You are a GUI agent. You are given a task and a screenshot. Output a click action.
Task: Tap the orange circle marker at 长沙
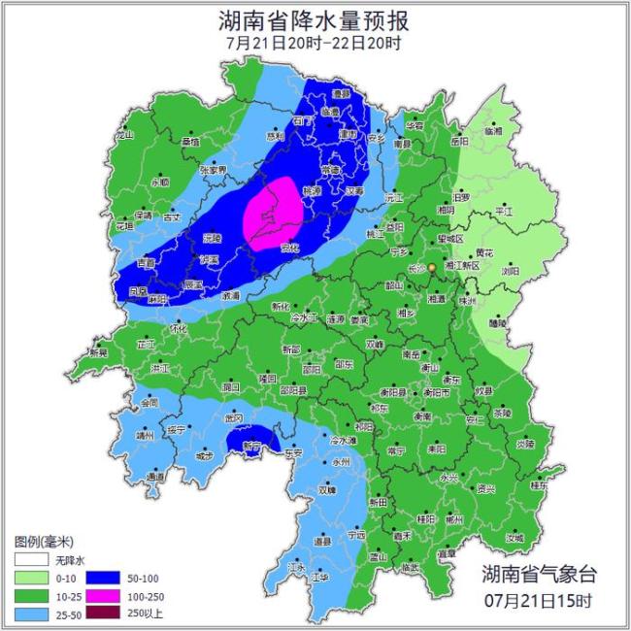432,255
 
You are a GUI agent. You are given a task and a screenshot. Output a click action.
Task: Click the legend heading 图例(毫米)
44,540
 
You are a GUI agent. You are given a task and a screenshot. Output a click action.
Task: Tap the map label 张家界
213,169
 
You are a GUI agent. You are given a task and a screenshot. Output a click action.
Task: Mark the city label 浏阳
511,272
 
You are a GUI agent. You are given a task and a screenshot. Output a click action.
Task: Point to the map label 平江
504,210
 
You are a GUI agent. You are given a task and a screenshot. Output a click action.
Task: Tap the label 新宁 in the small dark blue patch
251,447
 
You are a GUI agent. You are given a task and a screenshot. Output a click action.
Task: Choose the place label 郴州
453,519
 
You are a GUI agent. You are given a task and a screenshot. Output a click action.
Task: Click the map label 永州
340,463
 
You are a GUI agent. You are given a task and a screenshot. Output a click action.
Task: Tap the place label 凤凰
139,290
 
